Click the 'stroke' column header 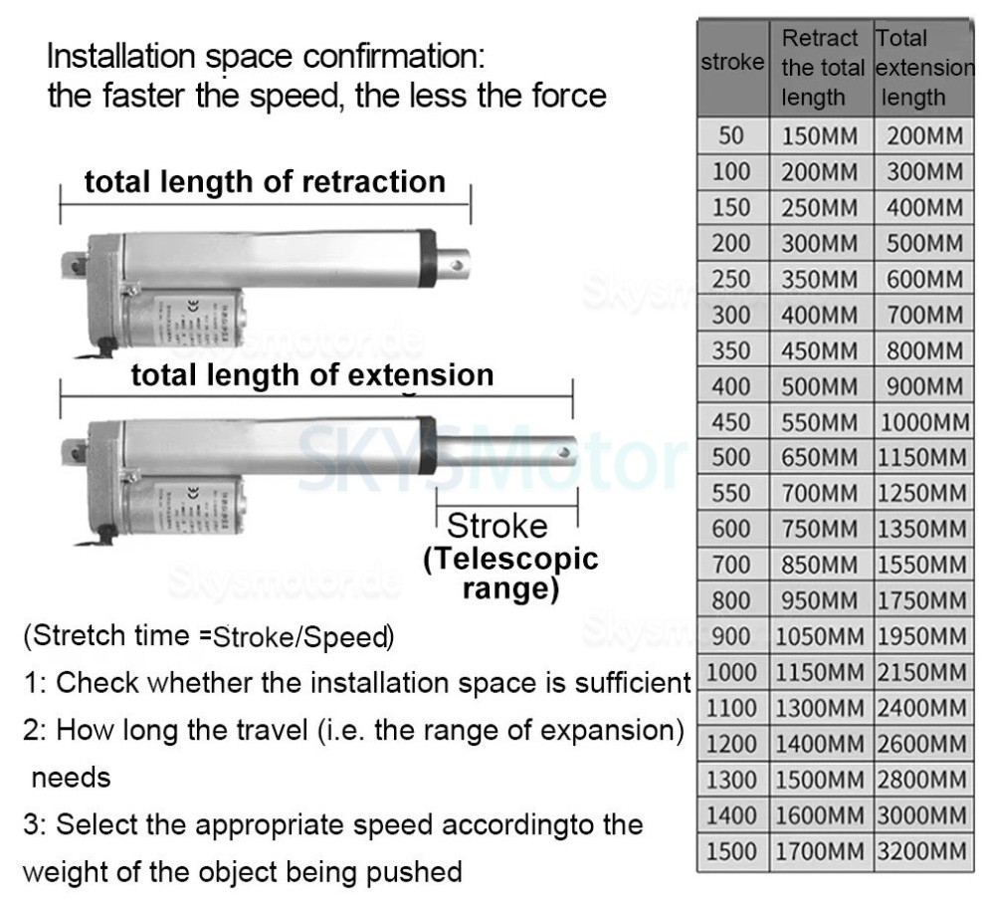pyautogui.click(x=732, y=63)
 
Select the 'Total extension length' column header pyautogui.click(x=924, y=68)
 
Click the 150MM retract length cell pyautogui.click(x=820, y=136)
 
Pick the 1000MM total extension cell pyautogui.click(x=924, y=422)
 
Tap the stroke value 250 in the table pyautogui.click(x=731, y=279)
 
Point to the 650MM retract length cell pyautogui.click(x=820, y=458)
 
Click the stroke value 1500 pyautogui.click(x=731, y=852)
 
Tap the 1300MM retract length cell pyautogui.click(x=820, y=709)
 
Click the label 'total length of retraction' pyautogui.click(x=265, y=182)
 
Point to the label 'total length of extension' pyautogui.click(x=312, y=375)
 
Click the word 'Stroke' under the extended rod pyautogui.click(x=496, y=527)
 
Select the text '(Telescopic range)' pyautogui.click(x=511, y=573)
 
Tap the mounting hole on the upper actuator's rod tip pyautogui.click(x=456, y=266)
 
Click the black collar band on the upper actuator pyautogui.click(x=427, y=256)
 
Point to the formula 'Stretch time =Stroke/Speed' pyautogui.click(x=209, y=636)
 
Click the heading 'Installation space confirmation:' pyautogui.click(x=266, y=56)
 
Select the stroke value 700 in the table pyautogui.click(x=731, y=566)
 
